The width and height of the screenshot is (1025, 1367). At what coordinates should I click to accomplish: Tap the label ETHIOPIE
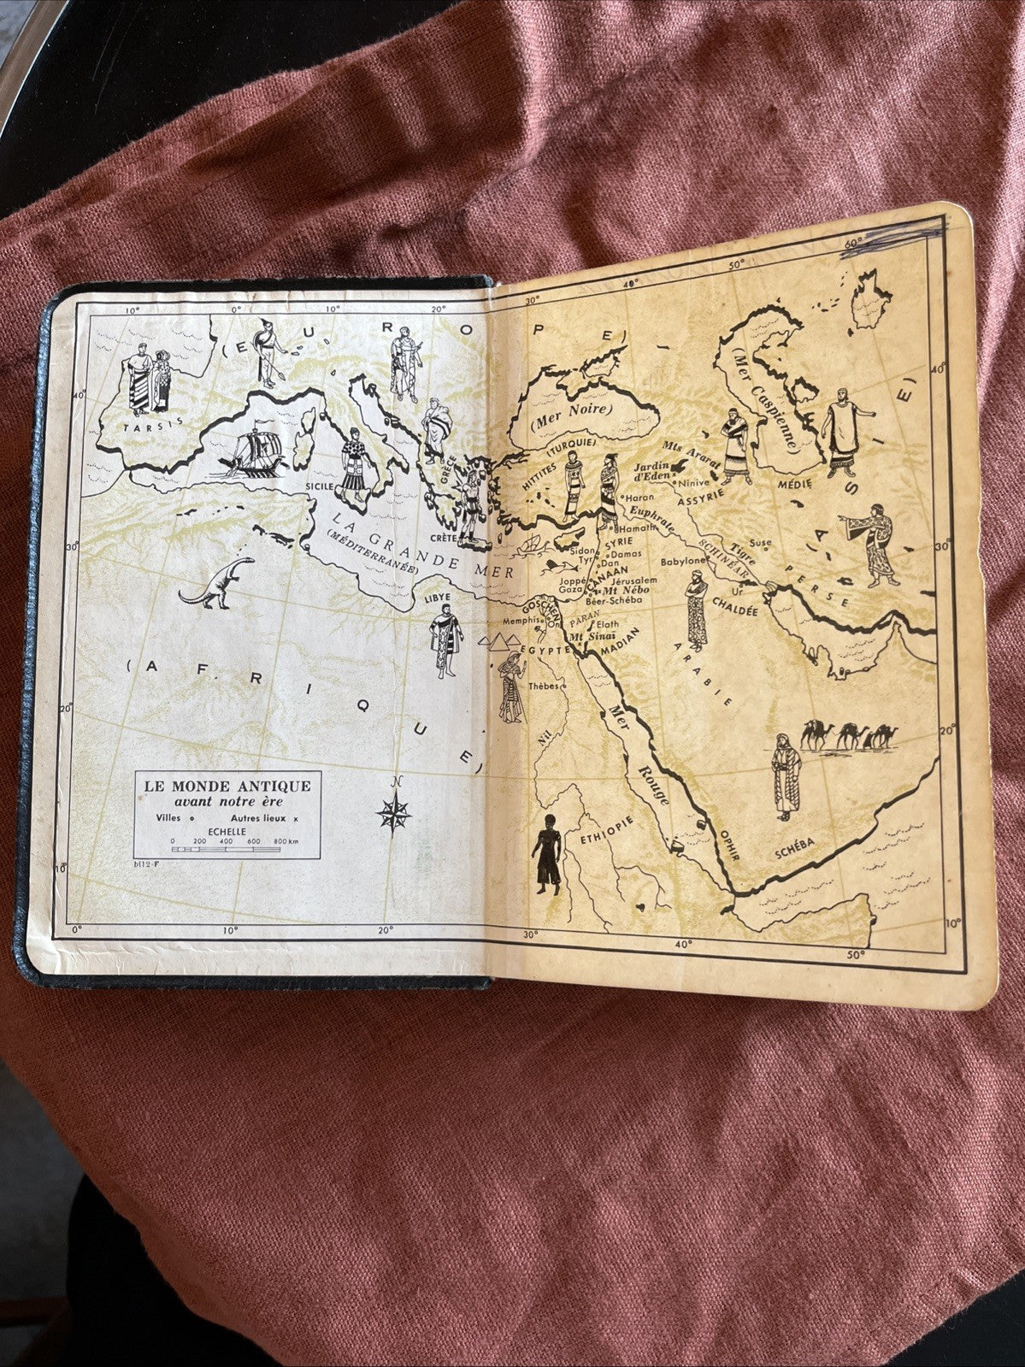point(608,828)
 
